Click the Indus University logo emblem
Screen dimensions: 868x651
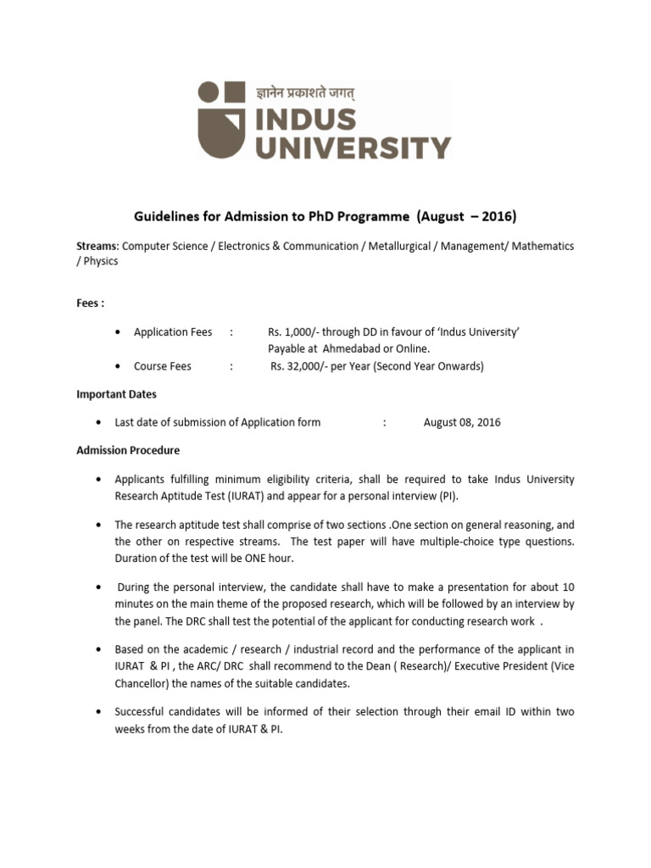click(x=223, y=120)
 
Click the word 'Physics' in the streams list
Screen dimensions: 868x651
click(x=101, y=261)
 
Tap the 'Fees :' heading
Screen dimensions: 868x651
click(x=91, y=302)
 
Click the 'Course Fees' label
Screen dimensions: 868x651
click(x=163, y=366)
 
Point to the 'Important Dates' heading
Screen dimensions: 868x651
click(x=116, y=394)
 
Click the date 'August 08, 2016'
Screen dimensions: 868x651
click(x=462, y=422)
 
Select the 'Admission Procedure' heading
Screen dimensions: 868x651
click(x=128, y=450)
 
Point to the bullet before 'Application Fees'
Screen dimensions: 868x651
click(x=117, y=332)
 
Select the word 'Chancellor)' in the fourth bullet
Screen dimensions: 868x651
click(x=143, y=683)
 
